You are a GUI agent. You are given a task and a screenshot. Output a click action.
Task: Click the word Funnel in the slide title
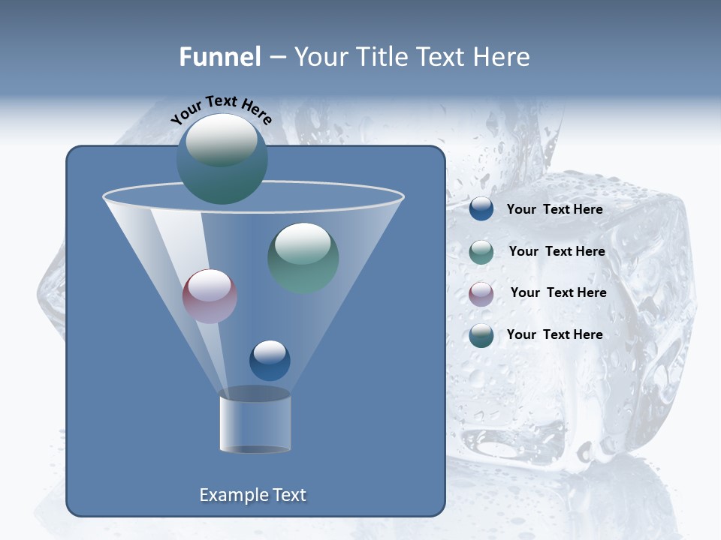(x=219, y=57)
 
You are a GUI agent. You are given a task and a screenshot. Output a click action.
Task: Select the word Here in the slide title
(x=500, y=57)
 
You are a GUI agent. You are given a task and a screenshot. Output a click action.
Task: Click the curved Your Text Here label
(x=222, y=109)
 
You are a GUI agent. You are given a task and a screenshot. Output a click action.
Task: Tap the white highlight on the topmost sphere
(x=221, y=139)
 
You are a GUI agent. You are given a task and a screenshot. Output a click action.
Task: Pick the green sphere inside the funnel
(x=303, y=258)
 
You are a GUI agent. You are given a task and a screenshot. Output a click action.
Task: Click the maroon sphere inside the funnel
(x=210, y=296)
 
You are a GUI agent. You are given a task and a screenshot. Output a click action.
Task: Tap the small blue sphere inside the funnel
(x=270, y=360)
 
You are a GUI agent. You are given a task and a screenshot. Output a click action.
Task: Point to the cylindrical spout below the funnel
(x=255, y=421)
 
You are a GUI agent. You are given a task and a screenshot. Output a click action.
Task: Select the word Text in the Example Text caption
(x=289, y=495)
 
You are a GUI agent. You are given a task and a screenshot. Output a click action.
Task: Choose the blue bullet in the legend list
(x=481, y=209)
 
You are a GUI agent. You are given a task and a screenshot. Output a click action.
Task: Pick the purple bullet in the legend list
(x=481, y=293)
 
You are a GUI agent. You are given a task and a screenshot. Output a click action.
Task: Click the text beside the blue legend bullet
(x=554, y=209)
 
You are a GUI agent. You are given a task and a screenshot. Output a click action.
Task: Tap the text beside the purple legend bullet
(x=558, y=292)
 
